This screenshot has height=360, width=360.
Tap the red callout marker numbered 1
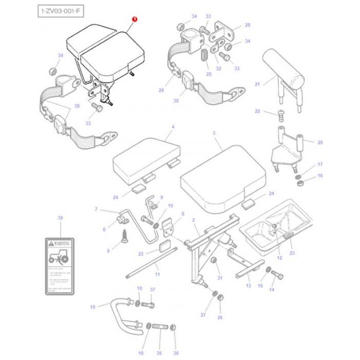[x=135, y=19]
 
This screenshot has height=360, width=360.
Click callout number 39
[x=60, y=219]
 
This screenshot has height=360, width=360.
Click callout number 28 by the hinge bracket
[x=247, y=25]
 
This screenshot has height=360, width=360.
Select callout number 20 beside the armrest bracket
[x=319, y=142]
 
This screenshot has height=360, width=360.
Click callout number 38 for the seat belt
[x=77, y=106]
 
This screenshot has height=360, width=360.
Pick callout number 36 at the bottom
[x=176, y=352]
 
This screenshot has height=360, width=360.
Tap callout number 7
[x=96, y=209]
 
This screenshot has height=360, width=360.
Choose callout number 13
[x=248, y=286]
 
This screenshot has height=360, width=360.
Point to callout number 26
[x=220, y=317]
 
